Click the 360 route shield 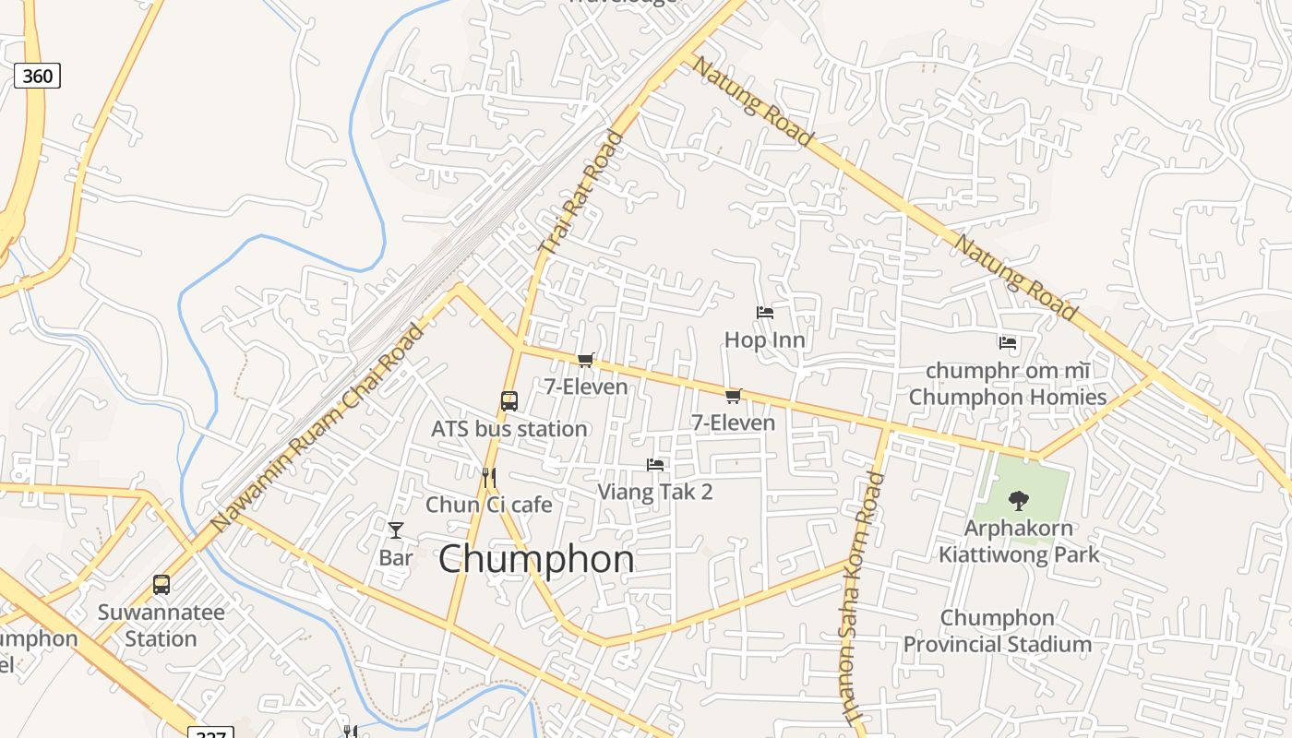(x=37, y=76)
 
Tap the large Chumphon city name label (x=536, y=559)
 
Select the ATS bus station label (x=509, y=429)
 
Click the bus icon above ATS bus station (x=509, y=400)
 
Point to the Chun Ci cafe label (x=489, y=505)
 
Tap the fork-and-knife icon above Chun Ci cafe (x=489, y=477)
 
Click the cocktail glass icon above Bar (x=396, y=530)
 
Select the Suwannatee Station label (x=161, y=625)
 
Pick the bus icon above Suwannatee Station (x=161, y=584)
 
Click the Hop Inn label (x=765, y=339)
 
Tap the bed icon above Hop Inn (x=765, y=313)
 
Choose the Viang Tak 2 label (x=655, y=492)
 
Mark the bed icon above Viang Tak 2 (x=655, y=465)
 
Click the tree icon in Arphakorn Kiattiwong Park (x=1019, y=501)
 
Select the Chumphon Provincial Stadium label (x=998, y=631)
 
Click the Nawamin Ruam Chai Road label (x=317, y=426)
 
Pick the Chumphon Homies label (x=1008, y=397)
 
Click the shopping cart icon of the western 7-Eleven (x=585, y=360)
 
